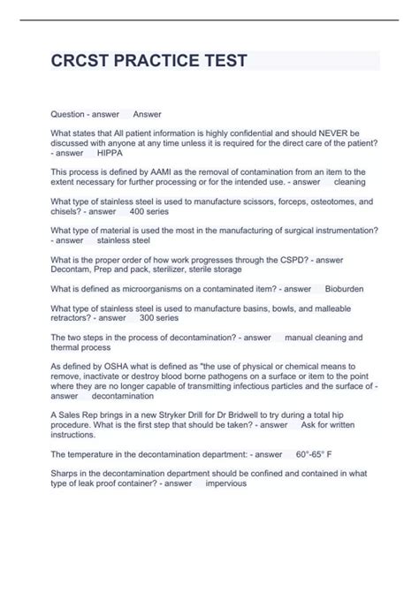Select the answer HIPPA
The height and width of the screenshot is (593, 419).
pyautogui.click(x=110, y=154)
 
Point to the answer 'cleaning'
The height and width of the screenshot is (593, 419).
pyautogui.click(x=349, y=182)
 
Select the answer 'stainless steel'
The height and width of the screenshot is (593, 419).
pyautogui.click(x=123, y=239)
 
